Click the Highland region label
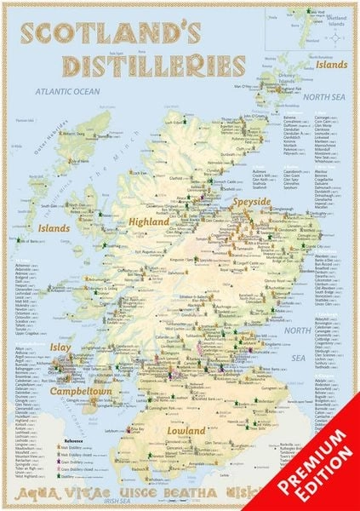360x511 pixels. click(150, 222)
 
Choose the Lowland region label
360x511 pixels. click(186, 431)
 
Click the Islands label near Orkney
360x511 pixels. click(331, 64)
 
